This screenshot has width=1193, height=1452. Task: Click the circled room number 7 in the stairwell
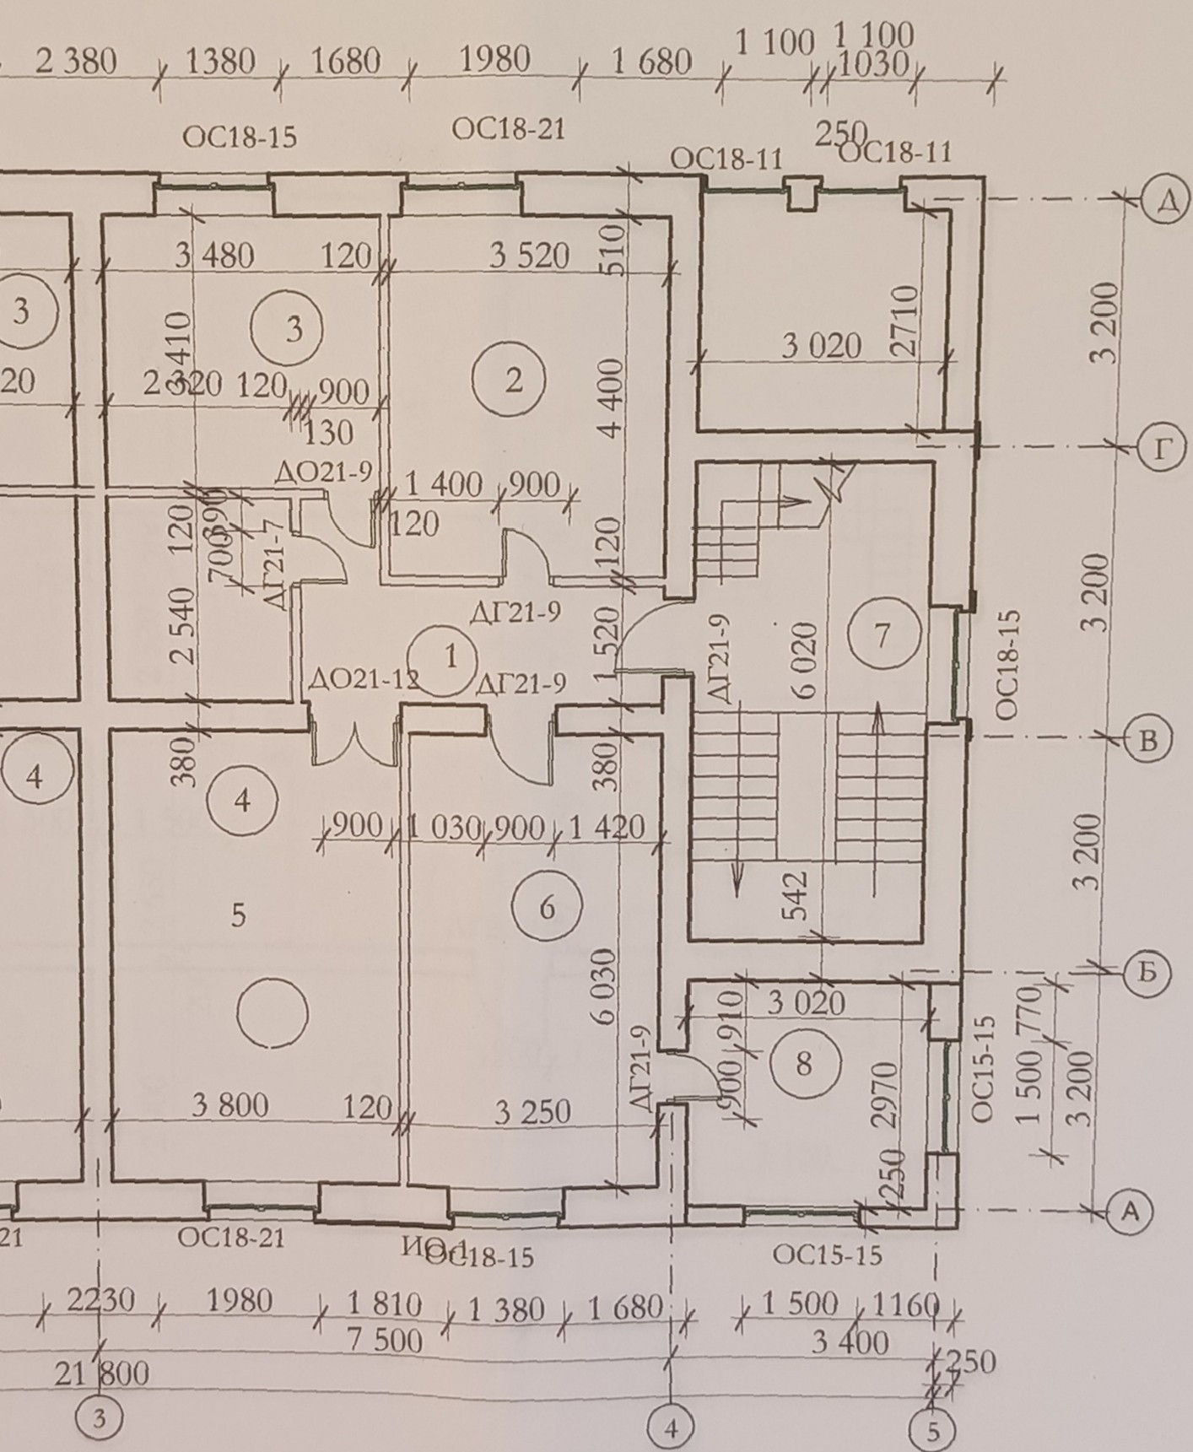tap(883, 634)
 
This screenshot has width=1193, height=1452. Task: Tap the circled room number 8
tap(803, 1063)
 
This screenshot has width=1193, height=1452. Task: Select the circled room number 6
tap(547, 908)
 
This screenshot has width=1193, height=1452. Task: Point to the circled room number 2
tap(514, 381)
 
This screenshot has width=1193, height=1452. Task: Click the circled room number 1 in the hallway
tap(451, 656)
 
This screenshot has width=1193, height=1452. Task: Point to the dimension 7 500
tap(385, 1340)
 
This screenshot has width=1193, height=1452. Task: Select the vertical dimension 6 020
tap(807, 660)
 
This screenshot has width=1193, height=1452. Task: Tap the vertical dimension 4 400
tap(612, 397)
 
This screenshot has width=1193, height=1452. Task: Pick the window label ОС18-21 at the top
tap(508, 129)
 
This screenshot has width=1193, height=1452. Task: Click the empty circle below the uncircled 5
tap(273, 1012)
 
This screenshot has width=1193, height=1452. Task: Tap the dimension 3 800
tap(229, 1105)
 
